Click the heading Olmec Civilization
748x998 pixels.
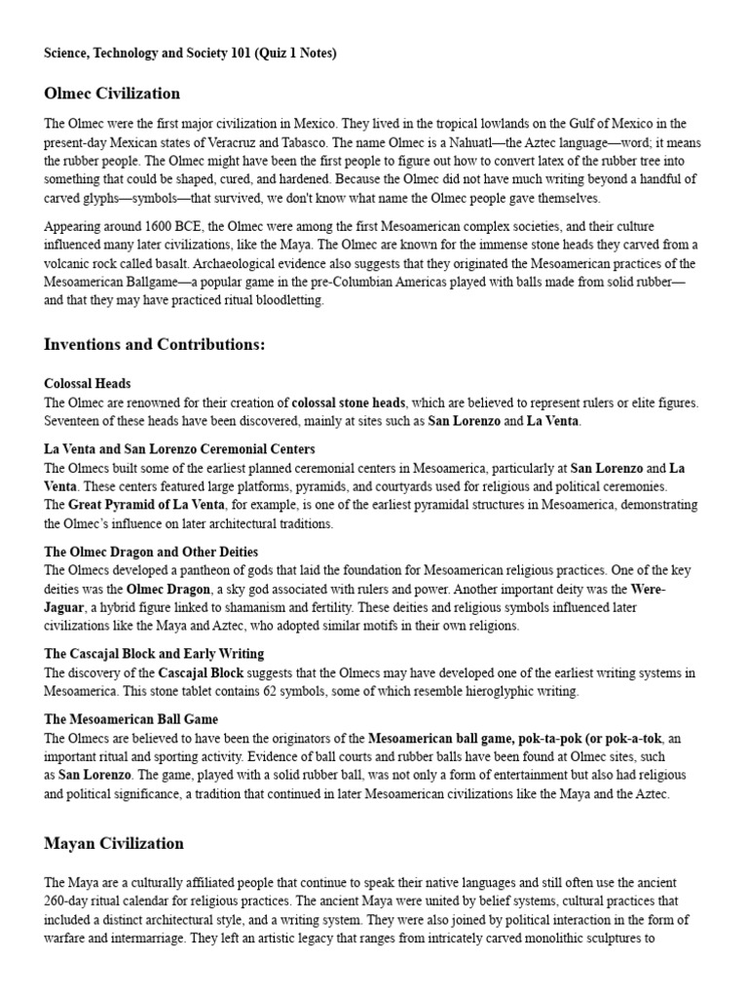pyautogui.click(x=112, y=94)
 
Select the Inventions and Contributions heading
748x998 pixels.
pyautogui.click(x=155, y=345)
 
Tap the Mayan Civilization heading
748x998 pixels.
pyautogui.click(x=114, y=843)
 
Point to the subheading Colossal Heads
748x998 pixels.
pyautogui.click(x=88, y=384)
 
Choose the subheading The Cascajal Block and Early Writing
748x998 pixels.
pyautogui.click(x=154, y=653)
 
